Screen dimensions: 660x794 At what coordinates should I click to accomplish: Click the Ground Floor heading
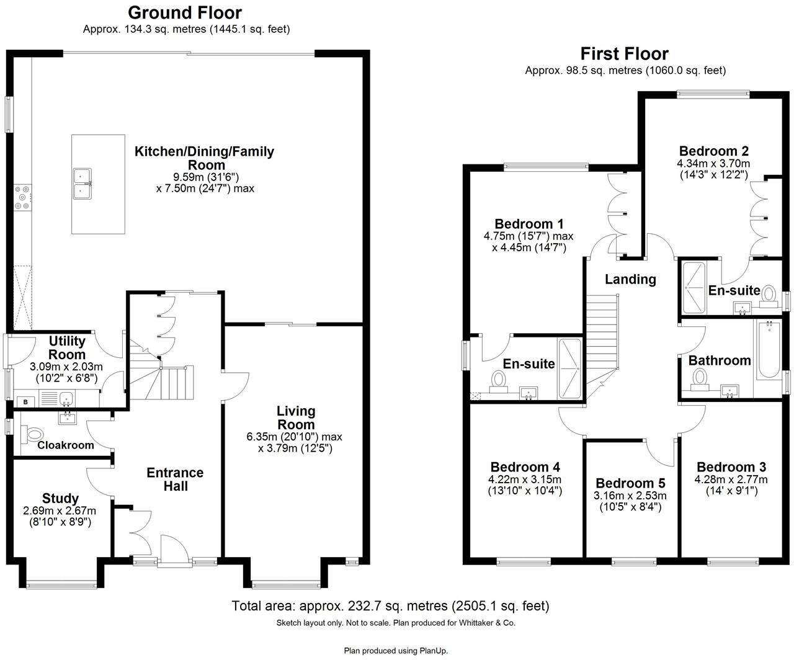[185, 12]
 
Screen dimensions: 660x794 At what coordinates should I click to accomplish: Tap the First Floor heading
[624, 54]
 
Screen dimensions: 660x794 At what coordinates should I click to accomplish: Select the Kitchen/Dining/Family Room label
[205, 158]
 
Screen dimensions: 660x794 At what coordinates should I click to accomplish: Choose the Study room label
[60, 498]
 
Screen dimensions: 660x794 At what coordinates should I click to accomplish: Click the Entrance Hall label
[175, 479]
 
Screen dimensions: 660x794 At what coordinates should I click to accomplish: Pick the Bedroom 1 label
[529, 224]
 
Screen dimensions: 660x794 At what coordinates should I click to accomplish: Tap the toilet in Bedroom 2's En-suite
[769, 294]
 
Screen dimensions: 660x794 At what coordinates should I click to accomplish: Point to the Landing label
[630, 279]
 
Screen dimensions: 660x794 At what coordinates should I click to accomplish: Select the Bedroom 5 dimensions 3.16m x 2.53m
[630, 496]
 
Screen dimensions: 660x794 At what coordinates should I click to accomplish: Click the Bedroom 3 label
[731, 467]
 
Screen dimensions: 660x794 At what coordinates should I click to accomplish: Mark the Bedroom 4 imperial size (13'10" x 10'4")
[525, 491]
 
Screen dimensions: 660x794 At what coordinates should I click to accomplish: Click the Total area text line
[390, 606]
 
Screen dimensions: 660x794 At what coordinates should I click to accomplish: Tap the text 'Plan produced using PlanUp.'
[396, 651]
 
